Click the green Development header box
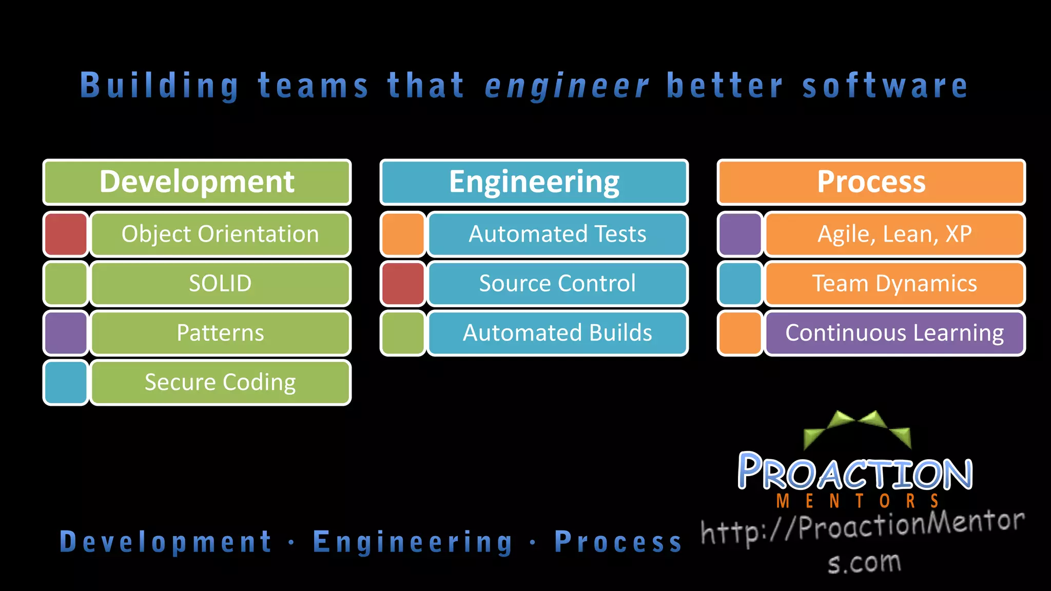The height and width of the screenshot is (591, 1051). [197, 182]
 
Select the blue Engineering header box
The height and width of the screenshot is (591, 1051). [534, 182]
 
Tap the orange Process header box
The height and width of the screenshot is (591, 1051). [871, 182]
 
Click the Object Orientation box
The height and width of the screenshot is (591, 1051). [221, 234]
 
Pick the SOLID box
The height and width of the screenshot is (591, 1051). [221, 283]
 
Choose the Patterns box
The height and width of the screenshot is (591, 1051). [221, 332]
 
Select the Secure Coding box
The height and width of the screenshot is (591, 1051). [221, 382]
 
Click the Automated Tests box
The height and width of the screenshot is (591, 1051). [557, 234]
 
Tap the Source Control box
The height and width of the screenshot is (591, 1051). [557, 283]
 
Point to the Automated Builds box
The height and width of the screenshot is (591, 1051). [557, 332]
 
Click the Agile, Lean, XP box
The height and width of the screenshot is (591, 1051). [894, 234]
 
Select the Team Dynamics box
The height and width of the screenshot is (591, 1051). [894, 283]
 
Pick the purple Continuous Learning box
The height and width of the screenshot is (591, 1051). [894, 332]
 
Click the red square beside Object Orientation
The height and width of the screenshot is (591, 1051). [66, 234]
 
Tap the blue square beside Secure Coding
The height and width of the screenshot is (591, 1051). [66, 382]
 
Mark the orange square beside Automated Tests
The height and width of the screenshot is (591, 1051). [403, 234]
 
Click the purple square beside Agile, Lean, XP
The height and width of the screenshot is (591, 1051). [741, 234]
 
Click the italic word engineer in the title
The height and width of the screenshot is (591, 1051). [567, 86]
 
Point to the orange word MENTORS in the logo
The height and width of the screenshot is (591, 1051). [858, 501]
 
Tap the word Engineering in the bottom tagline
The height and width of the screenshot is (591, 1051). [413, 542]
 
